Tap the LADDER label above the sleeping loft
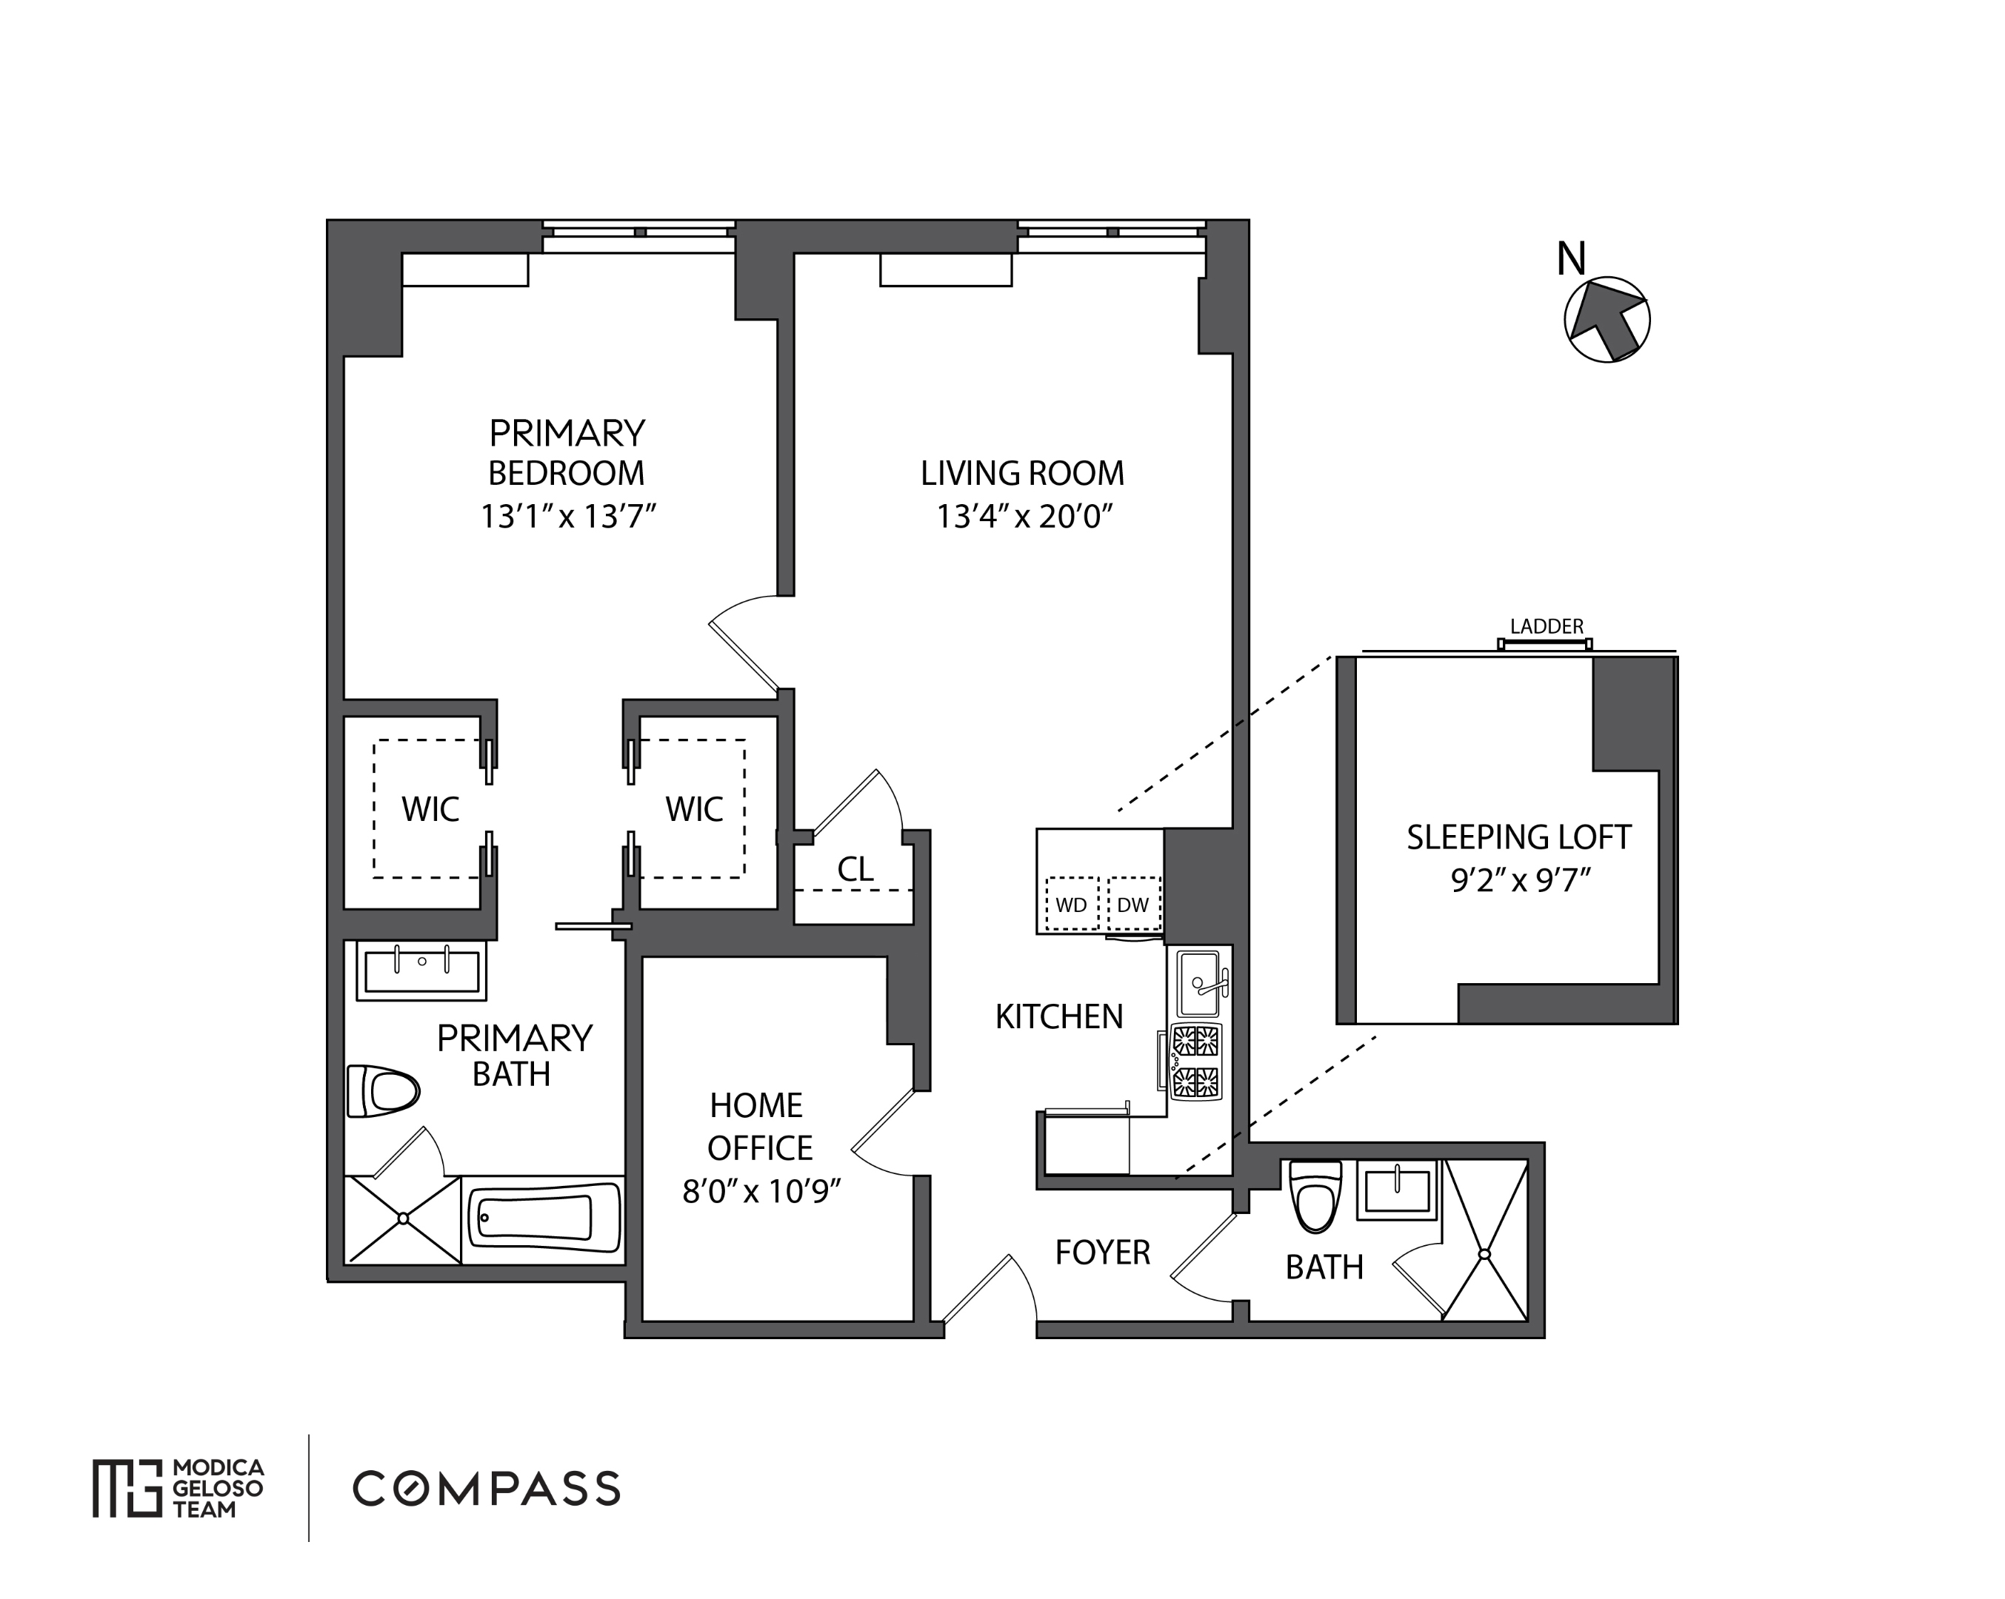1546,626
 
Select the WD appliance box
1071,904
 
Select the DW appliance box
1132,904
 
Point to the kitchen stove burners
1196,1062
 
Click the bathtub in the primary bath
544,1218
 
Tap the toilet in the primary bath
382,1090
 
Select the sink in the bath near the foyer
1397,1190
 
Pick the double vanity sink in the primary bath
421,970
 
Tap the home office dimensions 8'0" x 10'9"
761,1191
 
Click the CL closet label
855,869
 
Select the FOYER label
1102,1253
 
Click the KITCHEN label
1058,1017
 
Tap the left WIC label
430,809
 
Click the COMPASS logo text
487,1489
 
